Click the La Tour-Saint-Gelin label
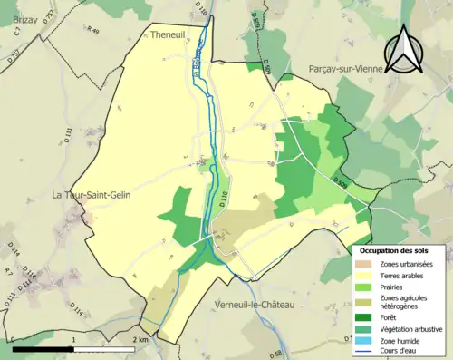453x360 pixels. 92,195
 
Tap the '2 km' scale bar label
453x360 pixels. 139,339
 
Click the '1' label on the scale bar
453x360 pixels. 72,339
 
